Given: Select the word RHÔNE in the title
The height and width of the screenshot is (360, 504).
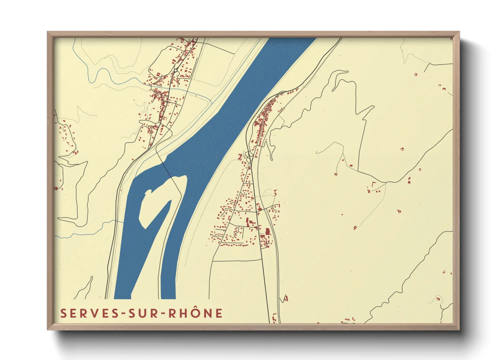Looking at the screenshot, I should coord(195,313).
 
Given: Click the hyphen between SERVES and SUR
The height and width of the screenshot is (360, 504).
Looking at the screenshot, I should coord(123,314).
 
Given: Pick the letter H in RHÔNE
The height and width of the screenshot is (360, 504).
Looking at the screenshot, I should coord(183,313).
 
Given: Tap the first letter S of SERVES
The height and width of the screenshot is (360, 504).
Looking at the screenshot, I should coord(63,313).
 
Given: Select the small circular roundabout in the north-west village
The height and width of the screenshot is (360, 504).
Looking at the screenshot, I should coord(176,70).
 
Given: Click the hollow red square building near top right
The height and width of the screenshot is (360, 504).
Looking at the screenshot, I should coord(416,74).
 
